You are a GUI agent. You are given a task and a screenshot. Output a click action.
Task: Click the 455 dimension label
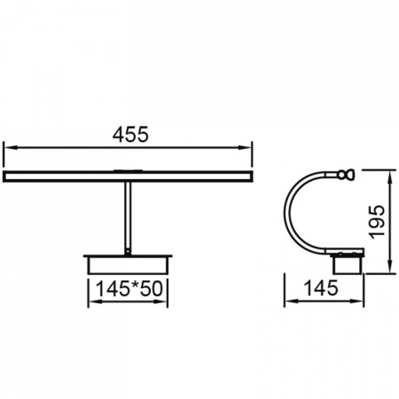[x=130, y=135]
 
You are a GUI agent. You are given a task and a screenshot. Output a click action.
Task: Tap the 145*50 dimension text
[x=129, y=289]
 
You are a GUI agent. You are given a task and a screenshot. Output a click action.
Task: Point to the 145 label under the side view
[x=321, y=288]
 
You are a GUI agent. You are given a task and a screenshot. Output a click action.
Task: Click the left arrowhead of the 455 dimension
[x=10, y=147]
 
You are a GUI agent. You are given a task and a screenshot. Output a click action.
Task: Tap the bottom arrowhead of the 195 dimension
[x=390, y=267]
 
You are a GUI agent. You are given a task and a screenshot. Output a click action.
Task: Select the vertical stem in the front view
[x=128, y=215]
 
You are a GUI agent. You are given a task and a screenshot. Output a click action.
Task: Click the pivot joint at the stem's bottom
[x=128, y=252]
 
